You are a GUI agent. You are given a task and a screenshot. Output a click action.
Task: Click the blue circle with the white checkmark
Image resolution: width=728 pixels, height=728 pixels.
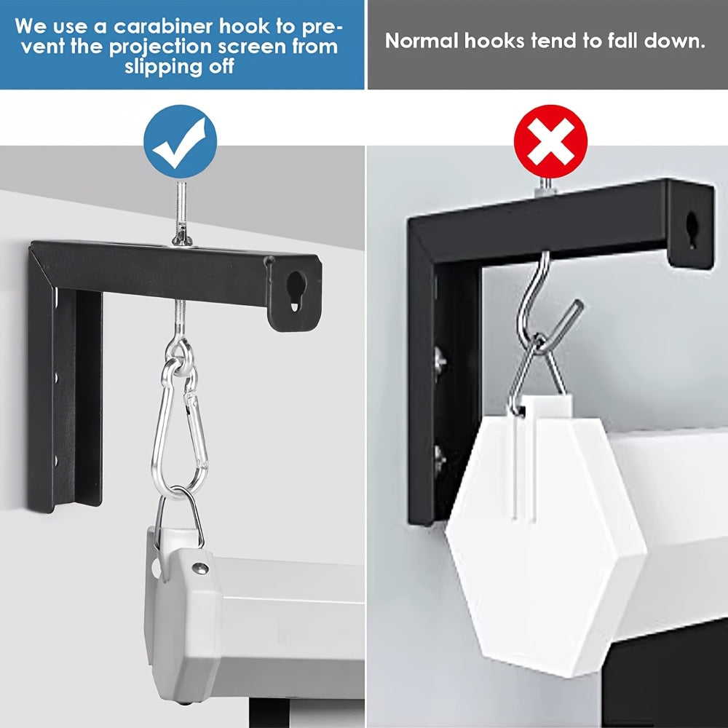click(x=180, y=141)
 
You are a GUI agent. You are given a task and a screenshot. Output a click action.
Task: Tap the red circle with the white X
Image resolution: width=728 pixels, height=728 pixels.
click(x=550, y=141)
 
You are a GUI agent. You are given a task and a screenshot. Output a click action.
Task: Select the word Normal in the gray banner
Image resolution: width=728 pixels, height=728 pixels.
click(x=422, y=41)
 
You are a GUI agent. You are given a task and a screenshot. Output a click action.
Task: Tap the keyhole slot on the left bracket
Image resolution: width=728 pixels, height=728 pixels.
click(x=296, y=290)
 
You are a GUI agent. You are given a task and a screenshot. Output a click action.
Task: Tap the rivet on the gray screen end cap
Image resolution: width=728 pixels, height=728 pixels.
click(x=200, y=569)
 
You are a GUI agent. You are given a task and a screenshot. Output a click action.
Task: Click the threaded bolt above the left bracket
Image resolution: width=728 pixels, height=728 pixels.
click(x=180, y=213)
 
